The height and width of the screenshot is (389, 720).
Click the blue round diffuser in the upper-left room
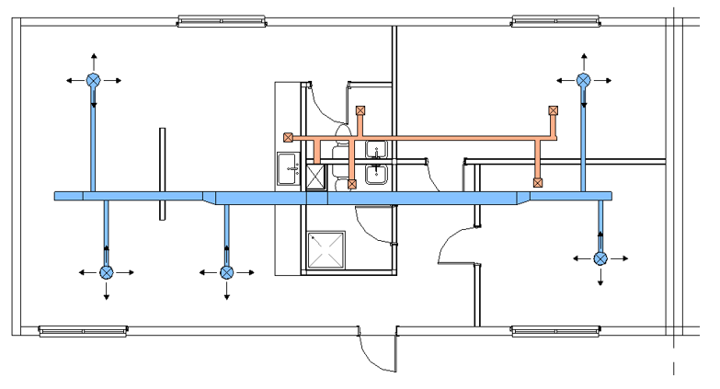pos(93,80)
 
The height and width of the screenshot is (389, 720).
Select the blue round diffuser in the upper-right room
pos(583,80)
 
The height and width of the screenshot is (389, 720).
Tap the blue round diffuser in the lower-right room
pos(600,258)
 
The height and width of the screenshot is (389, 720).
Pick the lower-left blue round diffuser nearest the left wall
pos(107,272)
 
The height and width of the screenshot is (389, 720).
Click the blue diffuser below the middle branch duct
pos(226,272)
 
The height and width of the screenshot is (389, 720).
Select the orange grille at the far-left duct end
pos(289,138)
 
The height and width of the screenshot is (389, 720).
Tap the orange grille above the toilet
pos(360,110)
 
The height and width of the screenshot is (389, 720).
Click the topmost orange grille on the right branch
pos(553,110)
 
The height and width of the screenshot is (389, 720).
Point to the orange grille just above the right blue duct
pos(537,182)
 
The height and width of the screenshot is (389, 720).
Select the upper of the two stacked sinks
pos(376,150)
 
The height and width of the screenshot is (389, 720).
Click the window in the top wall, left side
pos(214,20)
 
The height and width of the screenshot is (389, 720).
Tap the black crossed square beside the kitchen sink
pos(315,177)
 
